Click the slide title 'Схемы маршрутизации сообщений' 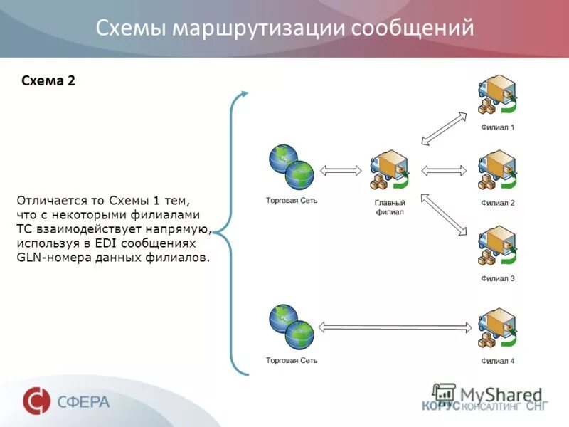click(x=284, y=28)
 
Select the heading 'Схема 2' click(x=49, y=80)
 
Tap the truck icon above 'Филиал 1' click(x=496, y=97)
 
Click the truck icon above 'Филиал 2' click(x=496, y=172)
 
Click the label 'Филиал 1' click(x=497, y=128)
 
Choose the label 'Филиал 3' click(x=497, y=278)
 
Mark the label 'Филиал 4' click(x=497, y=361)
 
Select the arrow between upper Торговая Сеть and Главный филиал click(x=341, y=171)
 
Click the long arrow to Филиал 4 click(x=395, y=327)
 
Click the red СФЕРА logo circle click(x=36, y=401)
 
